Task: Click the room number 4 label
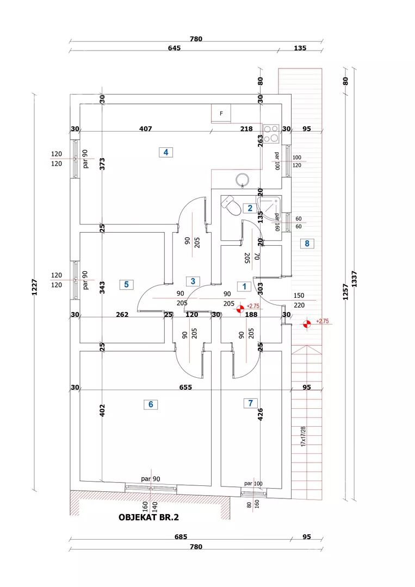click(165, 152)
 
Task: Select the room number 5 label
click(126, 284)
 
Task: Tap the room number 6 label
click(151, 404)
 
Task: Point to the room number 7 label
click(250, 403)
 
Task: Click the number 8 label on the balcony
click(307, 243)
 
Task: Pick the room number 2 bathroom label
click(250, 208)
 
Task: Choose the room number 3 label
click(193, 281)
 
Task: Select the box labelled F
click(221, 114)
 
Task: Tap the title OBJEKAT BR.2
click(148, 517)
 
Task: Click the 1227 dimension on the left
click(34, 288)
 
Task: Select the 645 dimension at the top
click(174, 48)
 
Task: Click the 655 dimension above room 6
click(186, 388)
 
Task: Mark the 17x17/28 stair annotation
click(303, 436)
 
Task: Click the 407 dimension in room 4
click(145, 129)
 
